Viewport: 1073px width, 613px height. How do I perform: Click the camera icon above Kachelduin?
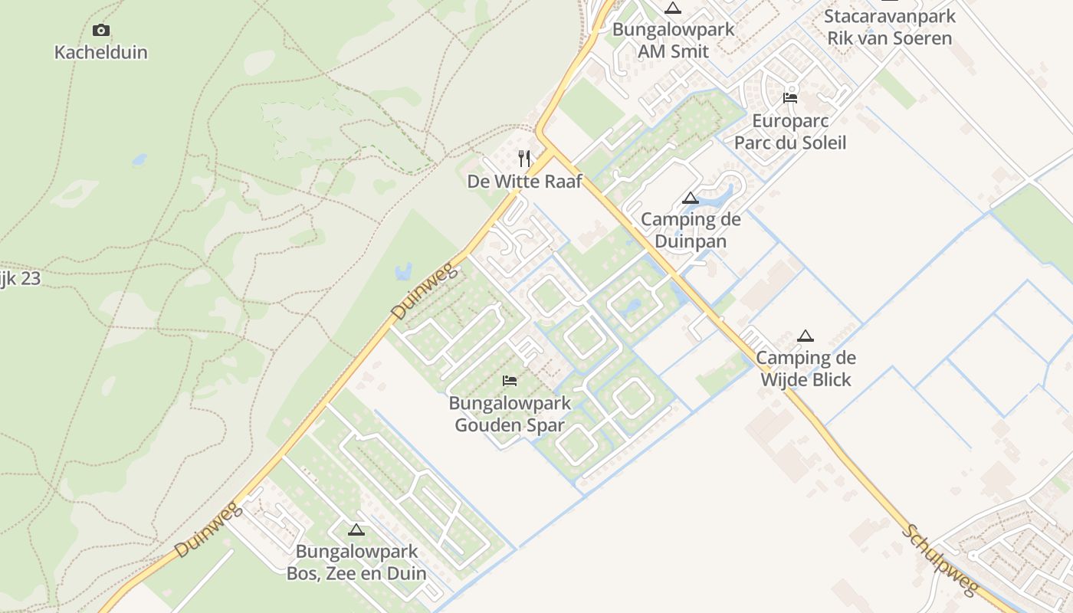100,31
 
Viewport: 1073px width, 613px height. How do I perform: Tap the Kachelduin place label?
100,53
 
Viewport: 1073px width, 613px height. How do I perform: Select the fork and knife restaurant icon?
524,159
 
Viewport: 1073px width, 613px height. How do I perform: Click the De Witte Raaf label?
524,182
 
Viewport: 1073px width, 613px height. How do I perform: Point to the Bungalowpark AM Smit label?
673,41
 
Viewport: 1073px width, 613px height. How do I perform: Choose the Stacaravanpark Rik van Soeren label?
890,27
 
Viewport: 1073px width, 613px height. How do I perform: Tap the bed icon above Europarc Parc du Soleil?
790,98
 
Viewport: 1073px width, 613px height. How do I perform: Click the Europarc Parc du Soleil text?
790,132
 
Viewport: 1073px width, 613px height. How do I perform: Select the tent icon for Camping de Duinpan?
691,198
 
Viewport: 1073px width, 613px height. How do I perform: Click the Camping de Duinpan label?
691,231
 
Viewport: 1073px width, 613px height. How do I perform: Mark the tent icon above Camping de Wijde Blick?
805,336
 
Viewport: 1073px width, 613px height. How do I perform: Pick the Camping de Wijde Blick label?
806,369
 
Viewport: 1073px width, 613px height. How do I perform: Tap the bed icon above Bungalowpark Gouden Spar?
510,380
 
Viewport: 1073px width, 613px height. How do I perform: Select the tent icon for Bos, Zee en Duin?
356,529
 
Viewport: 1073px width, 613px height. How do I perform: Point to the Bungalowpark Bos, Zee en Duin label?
356,562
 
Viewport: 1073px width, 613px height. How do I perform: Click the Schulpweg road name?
940,560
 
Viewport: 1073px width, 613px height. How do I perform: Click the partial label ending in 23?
20,279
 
